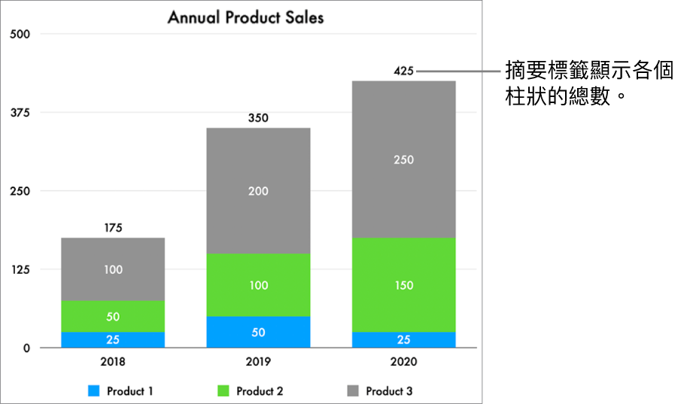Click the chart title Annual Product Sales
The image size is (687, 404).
coord(245,17)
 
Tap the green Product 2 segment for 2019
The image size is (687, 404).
coord(258,285)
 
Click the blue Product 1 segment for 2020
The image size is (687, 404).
coord(403,339)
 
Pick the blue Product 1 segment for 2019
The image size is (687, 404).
coord(258,332)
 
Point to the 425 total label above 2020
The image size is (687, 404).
coord(403,71)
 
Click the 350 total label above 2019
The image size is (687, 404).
coord(258,118)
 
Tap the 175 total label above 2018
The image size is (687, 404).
coord(113,228)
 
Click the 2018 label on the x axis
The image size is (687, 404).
coord(113,362)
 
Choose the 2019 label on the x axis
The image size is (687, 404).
coord(258,362)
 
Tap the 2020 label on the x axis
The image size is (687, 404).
coord(403,362)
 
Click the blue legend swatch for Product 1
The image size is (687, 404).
coord(93,391)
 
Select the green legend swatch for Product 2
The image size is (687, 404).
coord(223,391)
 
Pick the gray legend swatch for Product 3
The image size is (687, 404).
coord(353,391)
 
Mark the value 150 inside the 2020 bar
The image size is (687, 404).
coord(403,285)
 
